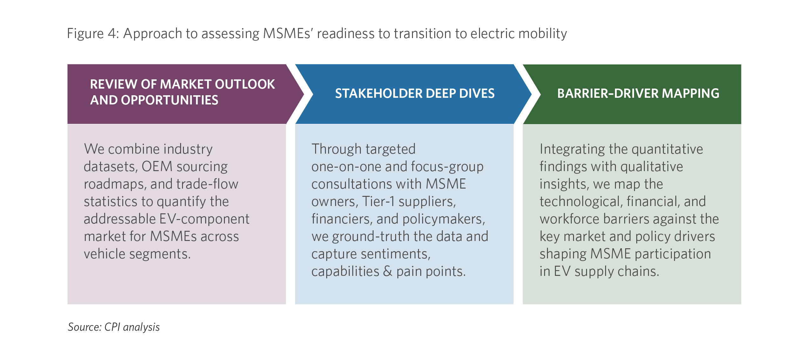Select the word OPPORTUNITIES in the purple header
pyautogui.click(x=170, y=100)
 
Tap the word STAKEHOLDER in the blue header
pyautogui.click(x=378, y=93)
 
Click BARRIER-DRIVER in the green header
pyautogui.click(x=608, y=93)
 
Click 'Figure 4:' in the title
pyautogui.click(x=93, y=34)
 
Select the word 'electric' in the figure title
pyautogui.click(x=492, y=33)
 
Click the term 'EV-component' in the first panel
pyautogui.click(x=205, y=219)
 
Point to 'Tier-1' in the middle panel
pyautogui.click(x=378, y=201)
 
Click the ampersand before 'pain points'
pyautogui.click(x=388, y=271)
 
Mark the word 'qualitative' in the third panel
pyautogui.click(x=651, y=166)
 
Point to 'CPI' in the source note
pyautogui.click(x=112, y=327)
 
